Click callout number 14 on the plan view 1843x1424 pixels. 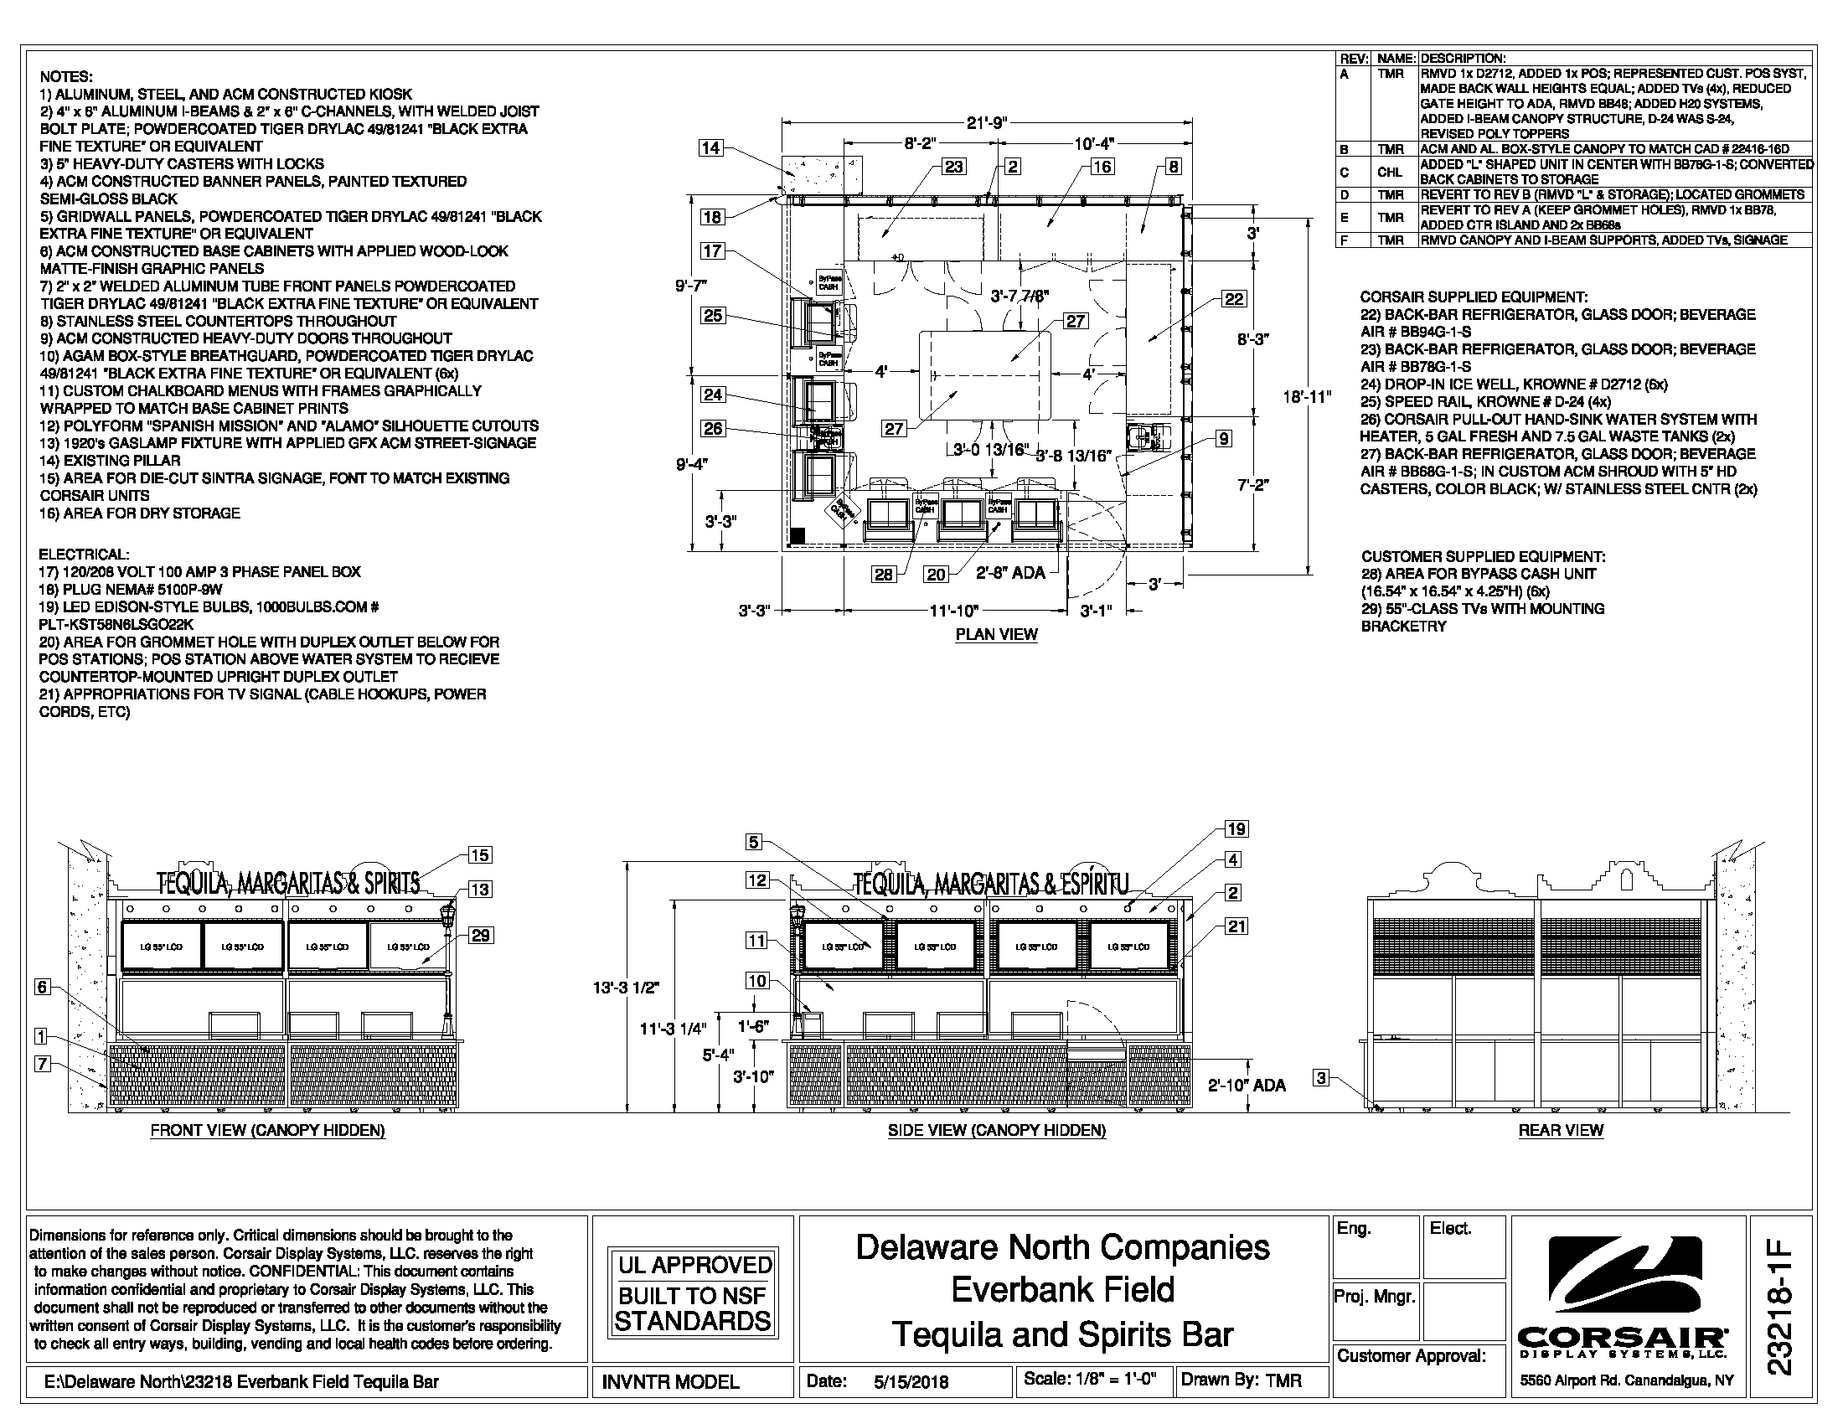pos(710,148)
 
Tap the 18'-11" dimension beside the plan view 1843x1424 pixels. pos(1307,396)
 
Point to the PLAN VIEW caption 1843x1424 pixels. pos(996,634)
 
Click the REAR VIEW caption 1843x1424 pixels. pos(1561,1130)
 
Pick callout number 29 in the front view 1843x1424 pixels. pos(481,935)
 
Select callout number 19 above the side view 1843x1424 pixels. pos(1236,829)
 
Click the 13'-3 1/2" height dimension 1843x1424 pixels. pos(625,988)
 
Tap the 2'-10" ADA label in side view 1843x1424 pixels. pos(1247,1086)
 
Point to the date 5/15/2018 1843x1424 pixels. pos(911,1382)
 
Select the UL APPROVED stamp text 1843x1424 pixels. pos(694,1265)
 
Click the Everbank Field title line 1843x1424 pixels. pos(1062,1290)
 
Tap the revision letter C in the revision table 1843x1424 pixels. pos(1345,172)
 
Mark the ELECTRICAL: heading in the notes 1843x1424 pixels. pos(85,555)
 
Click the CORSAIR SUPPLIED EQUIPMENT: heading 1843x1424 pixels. pos(1474,297)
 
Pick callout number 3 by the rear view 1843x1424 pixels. pos(1321,1077)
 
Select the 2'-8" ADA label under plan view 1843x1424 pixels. pos(1010,574)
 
